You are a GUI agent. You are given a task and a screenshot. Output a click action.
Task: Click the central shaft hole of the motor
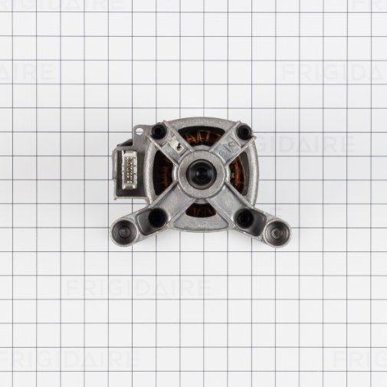pyautogui.click(x=201, y=175)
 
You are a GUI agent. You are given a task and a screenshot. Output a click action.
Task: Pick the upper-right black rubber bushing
pyautogui.click(x=244, y=133)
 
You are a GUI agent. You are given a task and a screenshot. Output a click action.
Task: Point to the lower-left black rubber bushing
pyautogui.click(x=156, y=218)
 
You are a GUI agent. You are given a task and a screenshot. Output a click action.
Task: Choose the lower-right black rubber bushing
pyautogui.click(x=245, y=218)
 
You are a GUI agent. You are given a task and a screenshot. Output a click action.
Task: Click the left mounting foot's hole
pyautogui.click(x=124, y=229)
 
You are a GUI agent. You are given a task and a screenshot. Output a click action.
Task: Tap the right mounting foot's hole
pyautogui.click(x=274, y=229)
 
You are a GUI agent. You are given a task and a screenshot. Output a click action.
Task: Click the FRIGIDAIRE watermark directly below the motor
pyautogui.click(x=138, y=288)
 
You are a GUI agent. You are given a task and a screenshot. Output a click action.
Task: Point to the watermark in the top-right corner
pyautogui.click(x=334, y=72)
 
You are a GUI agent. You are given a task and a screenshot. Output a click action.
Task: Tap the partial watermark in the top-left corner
pyautogui.click(x=27, y=73)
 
